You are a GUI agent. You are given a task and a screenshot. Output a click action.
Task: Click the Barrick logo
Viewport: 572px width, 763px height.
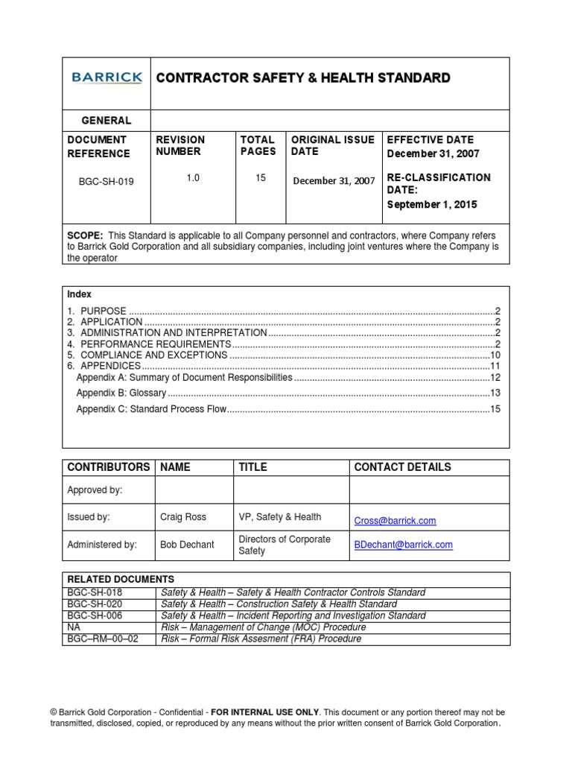click(107, 77)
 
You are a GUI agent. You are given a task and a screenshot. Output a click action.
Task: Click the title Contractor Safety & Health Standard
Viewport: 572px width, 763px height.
click(302, 78)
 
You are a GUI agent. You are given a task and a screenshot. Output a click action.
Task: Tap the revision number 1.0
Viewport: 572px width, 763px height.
click(193, 178)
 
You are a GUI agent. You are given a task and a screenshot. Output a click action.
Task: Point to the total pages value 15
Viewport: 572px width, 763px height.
click(261, 178)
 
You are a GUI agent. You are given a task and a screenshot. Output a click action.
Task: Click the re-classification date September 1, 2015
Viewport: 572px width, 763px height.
click(433, 204)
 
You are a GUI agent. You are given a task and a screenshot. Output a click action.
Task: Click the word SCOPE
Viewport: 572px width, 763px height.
click(83, 234)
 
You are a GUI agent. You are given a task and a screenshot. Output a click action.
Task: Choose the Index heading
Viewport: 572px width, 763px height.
click(79, 295)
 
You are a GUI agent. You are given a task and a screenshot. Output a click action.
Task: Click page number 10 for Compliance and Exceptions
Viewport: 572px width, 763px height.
click(495, 355)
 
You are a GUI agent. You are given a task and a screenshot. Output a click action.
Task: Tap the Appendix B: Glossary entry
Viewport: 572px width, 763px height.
click(121, 393)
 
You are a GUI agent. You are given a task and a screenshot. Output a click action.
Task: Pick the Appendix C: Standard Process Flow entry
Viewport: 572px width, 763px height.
click(150, 410)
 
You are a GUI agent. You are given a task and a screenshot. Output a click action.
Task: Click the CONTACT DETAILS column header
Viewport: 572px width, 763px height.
click(402, 467)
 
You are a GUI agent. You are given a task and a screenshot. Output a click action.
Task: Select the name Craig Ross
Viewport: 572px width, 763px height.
click(183, 517)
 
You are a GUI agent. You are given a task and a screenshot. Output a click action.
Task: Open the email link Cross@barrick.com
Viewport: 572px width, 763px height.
click(395, 521)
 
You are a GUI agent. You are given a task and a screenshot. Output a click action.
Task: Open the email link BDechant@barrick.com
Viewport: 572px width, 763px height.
click(403, 545)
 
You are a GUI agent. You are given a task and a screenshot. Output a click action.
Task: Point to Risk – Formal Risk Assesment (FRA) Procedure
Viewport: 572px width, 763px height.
click(261, 639)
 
